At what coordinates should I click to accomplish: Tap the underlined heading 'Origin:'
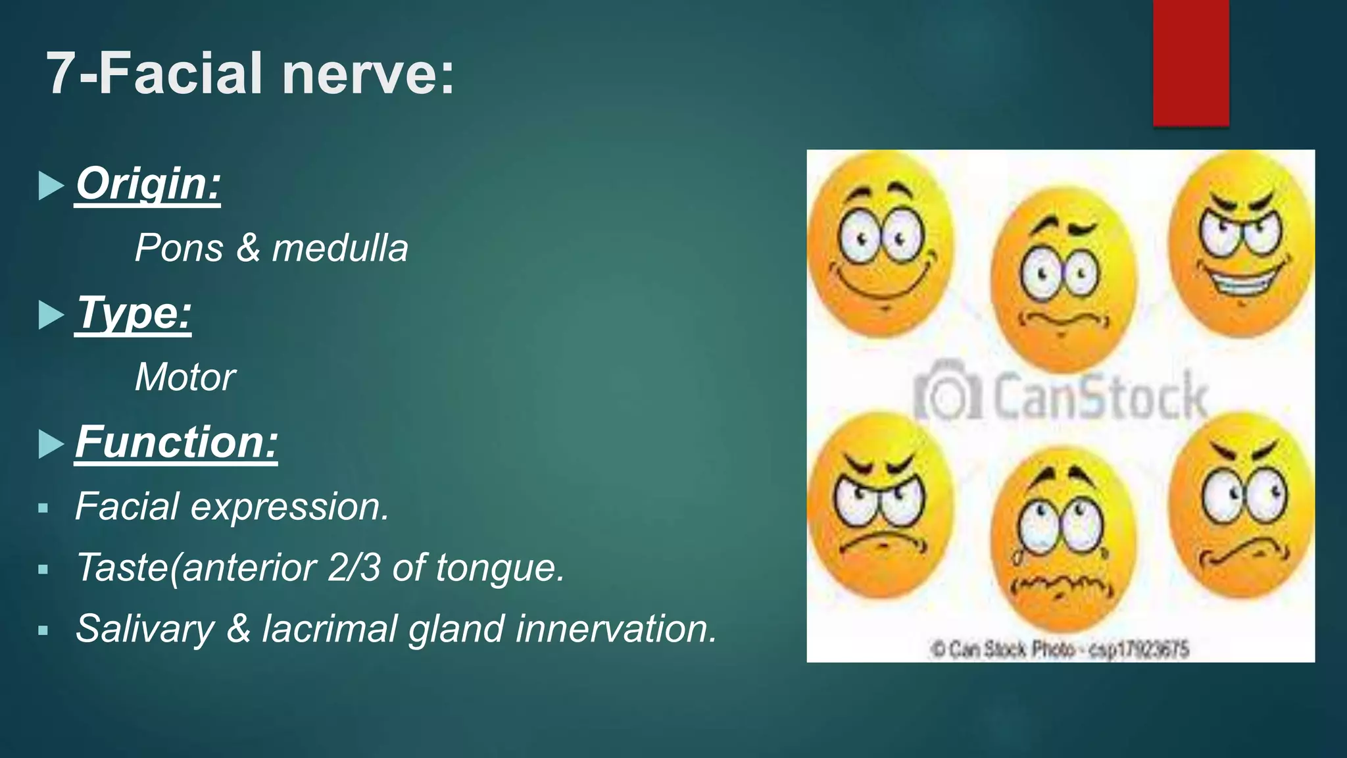click(x=147, y=184)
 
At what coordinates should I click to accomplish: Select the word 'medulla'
click(x=340, y=249)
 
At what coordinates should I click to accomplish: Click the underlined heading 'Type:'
click(x=134, y=313)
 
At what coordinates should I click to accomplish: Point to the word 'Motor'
click(x=185, y=378)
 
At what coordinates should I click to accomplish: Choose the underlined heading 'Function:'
click(x=176, y=442)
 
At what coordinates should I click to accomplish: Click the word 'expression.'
click(x=290, y=507)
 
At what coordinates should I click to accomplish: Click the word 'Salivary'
click(x=145, y=628)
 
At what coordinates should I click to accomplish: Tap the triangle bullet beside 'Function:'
click(x=51, y=443)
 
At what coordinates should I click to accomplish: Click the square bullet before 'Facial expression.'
click(x=43, y=508)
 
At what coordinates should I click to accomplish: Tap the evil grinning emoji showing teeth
click(x=1240, y=243)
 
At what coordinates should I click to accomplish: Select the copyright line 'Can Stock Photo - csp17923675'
click(x=1060, y=649)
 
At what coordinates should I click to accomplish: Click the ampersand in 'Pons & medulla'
click(x=248, y=249)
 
